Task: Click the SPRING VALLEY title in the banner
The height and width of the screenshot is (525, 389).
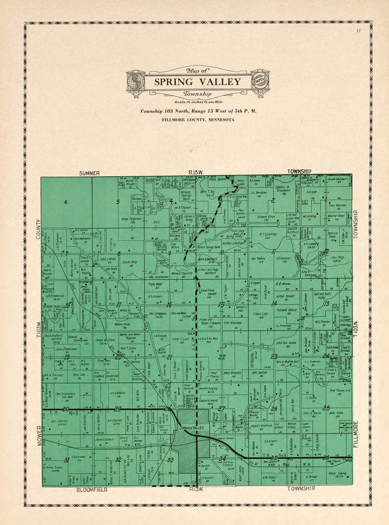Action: (197, 82)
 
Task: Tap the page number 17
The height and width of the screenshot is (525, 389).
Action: (359, 31)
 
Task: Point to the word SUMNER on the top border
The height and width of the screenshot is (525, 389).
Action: (89, 173)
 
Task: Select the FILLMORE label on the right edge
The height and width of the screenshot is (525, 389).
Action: (356, 434)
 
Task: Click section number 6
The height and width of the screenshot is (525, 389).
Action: (66, 202)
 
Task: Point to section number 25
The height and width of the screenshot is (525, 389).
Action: (326, 408)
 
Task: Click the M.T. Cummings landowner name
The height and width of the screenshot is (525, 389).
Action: (268, 234)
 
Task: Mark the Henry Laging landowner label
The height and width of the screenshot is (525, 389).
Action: (337, 473)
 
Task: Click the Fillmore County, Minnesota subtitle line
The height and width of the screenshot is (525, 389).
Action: (198, 120)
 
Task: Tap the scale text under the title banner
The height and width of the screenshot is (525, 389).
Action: (197, 102)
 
